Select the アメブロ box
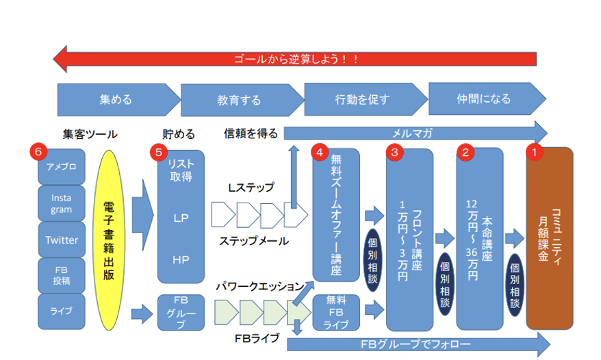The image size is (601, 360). click(x=62, y=166)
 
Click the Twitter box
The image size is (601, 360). click(x=62, y=240)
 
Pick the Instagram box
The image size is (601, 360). click(x=62, y=203)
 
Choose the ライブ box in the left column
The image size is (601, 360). click(x=62, y=311)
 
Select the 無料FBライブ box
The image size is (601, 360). click(x=336, y=312)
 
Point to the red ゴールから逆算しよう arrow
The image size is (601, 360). click(x=294, y=59)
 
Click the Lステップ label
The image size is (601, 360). click(x=251, y=187)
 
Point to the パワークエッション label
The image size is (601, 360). click(x=259, y=285)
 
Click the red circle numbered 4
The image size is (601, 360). click(x=320, y=152)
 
